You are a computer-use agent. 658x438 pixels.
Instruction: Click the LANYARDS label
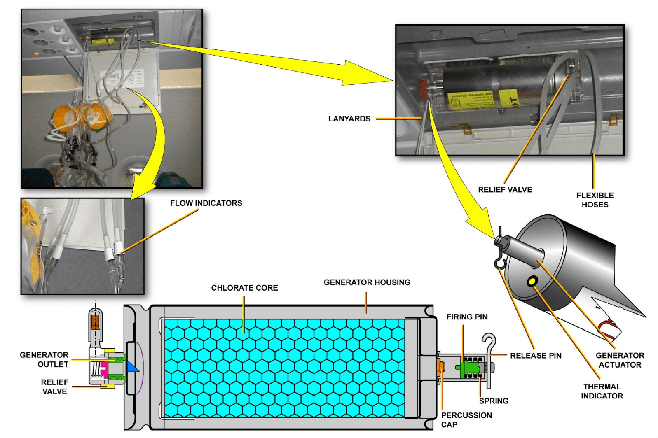click(349, 119)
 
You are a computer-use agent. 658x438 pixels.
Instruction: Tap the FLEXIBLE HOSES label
click(595, 200)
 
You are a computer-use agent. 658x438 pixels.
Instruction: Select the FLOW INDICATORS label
click(206, 203)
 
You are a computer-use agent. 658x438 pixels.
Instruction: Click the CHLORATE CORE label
click(244, 288)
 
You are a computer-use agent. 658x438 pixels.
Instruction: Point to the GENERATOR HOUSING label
click(367, 282)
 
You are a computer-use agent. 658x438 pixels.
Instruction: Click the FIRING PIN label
click(467, 317)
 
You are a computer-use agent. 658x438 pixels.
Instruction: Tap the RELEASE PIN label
click(536, 355)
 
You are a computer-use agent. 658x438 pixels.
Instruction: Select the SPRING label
click(493, 401)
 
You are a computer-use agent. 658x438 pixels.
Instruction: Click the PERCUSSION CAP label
click(466, 419)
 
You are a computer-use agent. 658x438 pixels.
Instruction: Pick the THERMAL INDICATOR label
click(602, 391)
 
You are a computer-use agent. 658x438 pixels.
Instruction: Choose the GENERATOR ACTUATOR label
click(620, 360)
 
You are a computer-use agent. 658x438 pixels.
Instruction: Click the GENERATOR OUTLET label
click(44, 359)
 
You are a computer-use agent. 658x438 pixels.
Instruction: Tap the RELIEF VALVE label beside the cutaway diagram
click(54, 387)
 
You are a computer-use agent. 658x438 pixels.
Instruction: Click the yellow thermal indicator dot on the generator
click(532, 282)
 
